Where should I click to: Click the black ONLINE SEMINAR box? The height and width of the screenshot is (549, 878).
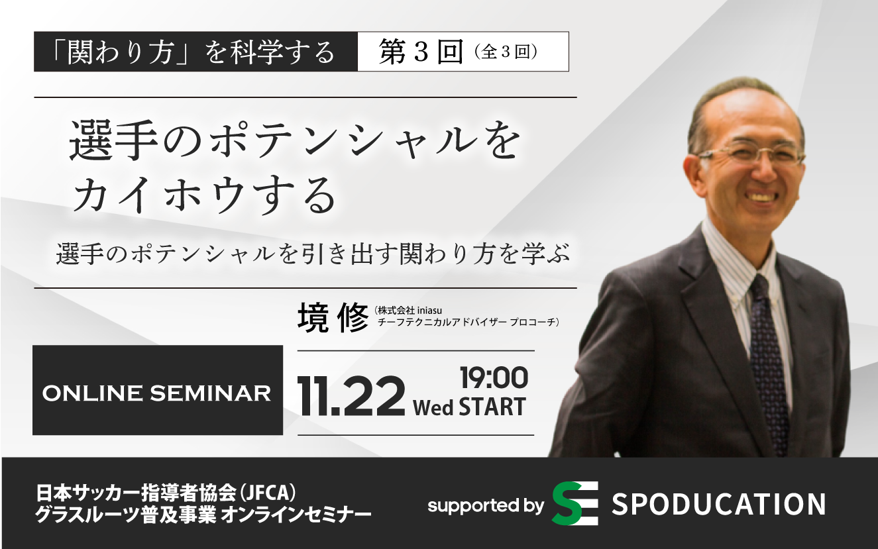[x=158, y=390]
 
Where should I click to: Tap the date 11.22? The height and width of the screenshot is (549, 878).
[x=351, y=396]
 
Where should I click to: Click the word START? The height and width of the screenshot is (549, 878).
[x=492, y=406]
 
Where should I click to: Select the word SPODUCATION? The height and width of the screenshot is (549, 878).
[x=719, y=505]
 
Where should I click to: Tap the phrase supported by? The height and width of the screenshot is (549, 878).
[x=486, y=506]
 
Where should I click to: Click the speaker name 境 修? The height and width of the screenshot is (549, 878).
[x=333, y=319]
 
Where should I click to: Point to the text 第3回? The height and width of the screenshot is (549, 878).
[x=421, y=52]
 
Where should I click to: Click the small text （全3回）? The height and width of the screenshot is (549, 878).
[x=506, y=53]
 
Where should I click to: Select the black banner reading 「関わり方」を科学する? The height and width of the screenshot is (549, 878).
[x=195, y=52]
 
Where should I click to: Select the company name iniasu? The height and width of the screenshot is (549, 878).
[x=429, y=311]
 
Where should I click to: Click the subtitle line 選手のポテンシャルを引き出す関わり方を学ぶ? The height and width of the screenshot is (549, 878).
[x=313, y=254]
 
